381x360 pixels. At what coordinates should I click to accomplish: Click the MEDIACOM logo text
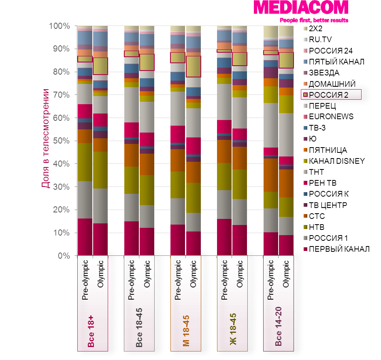[x=301, y=9]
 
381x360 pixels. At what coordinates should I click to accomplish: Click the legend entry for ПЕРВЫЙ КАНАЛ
[x=339, y=249]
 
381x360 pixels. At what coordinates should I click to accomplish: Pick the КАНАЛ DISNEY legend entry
[x=336, y=161]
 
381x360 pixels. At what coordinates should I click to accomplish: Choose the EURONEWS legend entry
[x=331, y=117]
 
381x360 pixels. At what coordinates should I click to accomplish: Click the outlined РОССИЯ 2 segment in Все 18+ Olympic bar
[x=100, y=66]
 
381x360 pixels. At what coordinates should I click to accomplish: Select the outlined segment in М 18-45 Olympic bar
[x=194, y=66]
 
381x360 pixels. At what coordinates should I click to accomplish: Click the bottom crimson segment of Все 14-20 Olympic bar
[x=286, y=245]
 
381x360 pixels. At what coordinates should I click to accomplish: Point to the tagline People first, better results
[x=314, y=20]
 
